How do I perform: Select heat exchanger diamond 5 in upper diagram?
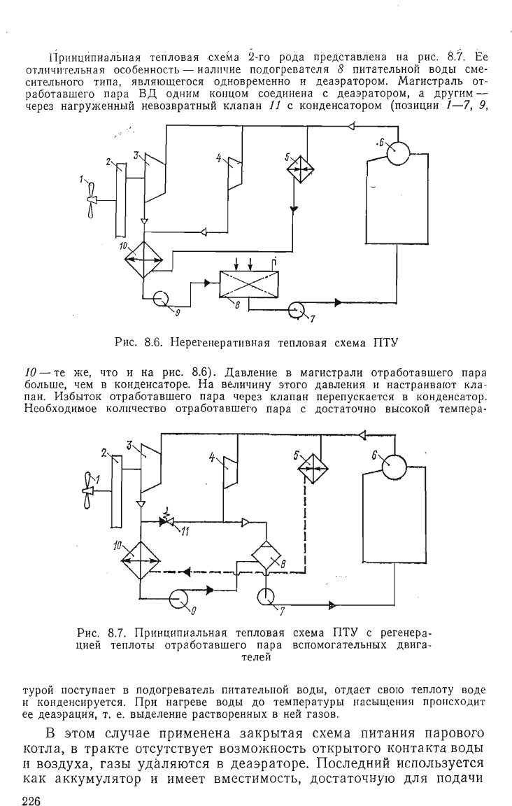click(299, 168)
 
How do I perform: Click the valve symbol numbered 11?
click(166, 522)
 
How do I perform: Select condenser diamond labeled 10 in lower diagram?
click(140, 561)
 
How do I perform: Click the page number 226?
click(31, 800)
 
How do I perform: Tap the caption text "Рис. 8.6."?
click(138, 341)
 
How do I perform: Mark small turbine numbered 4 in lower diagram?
click(229, 472)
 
